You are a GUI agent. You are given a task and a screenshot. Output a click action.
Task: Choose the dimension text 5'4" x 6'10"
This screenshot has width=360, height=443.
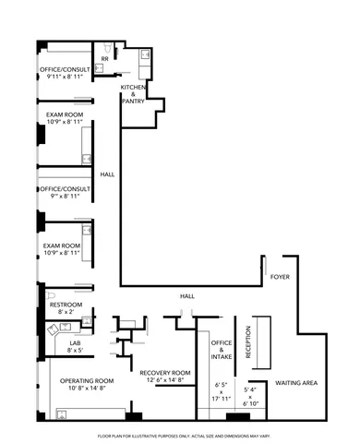point(247,395)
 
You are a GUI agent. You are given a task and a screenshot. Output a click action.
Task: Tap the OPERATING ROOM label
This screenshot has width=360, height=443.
point(87,381)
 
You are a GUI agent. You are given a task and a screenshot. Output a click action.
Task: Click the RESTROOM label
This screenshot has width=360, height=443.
point(66,305)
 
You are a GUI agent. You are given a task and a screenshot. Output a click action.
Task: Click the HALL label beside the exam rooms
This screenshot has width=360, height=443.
point(108,174)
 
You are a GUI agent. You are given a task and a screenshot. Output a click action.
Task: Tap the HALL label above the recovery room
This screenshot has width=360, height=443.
point(188,295)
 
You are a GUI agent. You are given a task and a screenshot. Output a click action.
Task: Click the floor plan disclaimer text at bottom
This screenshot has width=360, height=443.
point(180,435)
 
